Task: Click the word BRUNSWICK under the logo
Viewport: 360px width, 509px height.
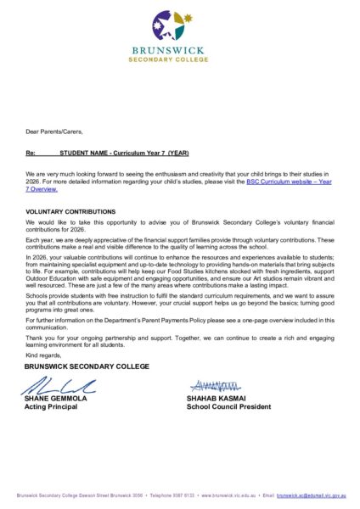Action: pos(179,51)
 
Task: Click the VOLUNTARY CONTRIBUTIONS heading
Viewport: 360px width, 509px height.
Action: pos(70,210)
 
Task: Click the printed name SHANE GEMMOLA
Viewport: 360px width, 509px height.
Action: pos(57,399)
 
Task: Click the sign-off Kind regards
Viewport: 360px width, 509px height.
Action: pos(44,355)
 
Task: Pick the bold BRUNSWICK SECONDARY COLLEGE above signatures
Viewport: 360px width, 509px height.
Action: pos(75,366)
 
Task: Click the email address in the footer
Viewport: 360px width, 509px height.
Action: pos(310,495)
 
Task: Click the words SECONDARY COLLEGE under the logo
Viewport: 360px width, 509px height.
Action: pos(179,59)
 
